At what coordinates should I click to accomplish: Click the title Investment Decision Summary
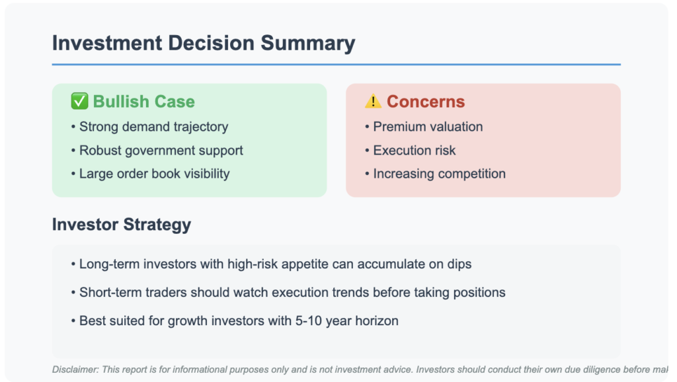point(204,43)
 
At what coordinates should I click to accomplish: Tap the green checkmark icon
point(79,101)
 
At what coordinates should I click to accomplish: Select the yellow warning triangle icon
point(373,101)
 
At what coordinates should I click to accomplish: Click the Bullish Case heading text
point(143,101)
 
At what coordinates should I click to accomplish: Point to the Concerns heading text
point(426,101)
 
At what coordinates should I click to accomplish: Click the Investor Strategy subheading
point(122,225)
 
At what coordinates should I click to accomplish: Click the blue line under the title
point(337,64)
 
